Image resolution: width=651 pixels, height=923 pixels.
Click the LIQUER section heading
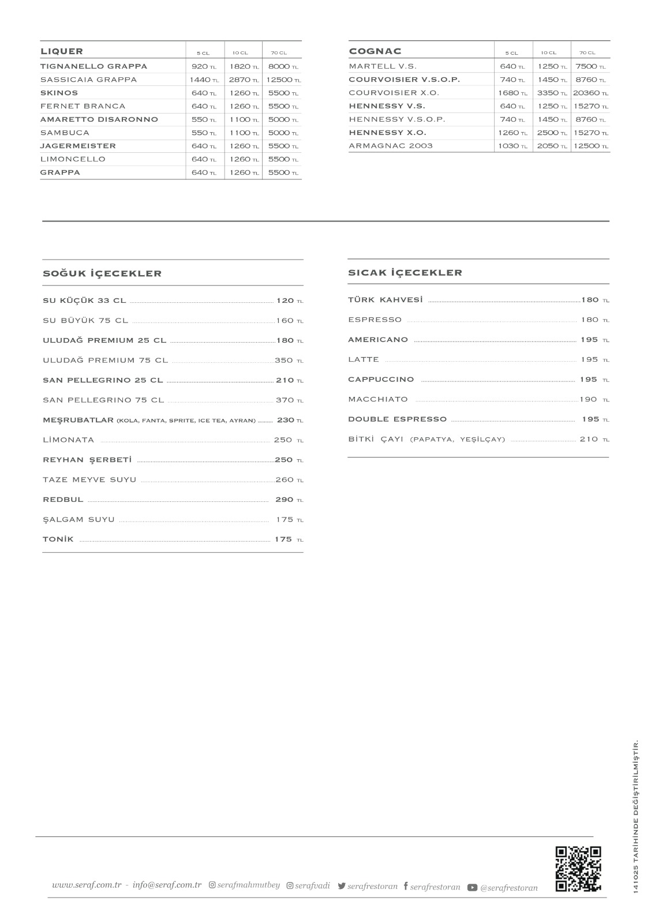pos(62,51)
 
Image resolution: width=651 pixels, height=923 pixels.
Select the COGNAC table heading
pos(375,51)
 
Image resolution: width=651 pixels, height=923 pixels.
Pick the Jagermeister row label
pos(78,146)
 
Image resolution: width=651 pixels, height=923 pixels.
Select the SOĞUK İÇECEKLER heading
pos(102,273)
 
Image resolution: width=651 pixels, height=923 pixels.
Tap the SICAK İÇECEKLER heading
pos(405,273)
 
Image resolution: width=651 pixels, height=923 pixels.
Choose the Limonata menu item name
pos(68,440)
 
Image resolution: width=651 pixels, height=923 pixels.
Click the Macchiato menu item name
pos(378,399)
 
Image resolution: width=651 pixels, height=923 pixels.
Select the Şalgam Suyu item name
pos(78,519)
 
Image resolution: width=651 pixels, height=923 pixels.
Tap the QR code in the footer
pos(578,869)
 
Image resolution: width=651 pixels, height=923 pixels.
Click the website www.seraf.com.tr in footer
pos(86,885)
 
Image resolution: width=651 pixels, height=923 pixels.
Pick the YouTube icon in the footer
pos(472,888)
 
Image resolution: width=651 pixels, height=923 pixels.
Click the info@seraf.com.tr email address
pos(167,885)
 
